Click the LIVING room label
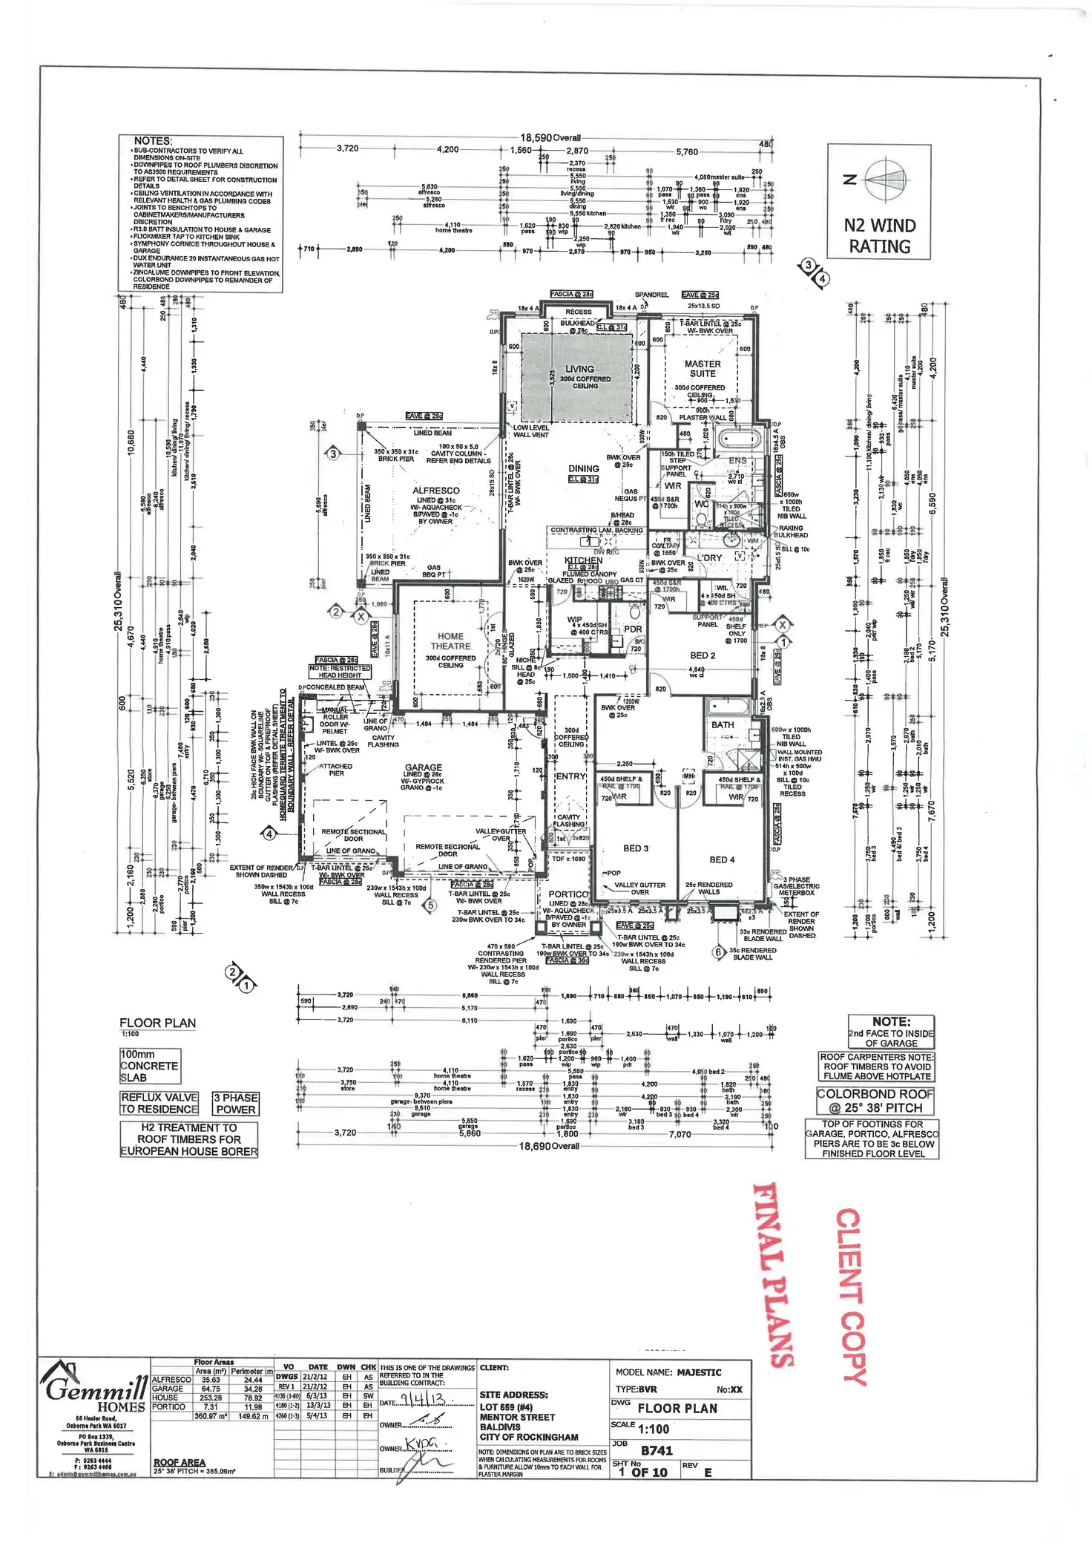coord(579,369)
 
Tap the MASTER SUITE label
coord(702,369)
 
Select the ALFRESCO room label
coord(435,491)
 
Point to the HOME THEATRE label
coord(450,641)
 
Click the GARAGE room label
coord(423,767)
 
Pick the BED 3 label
coord(636,848)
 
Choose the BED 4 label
coord(722,859)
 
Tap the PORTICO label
coord(568,894)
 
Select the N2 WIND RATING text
coord(880,236)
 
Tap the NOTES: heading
coord(153,141)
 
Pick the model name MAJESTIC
coord(699,1372)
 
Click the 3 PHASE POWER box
coord(235,1104)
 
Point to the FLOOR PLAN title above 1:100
coord(157,1023)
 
